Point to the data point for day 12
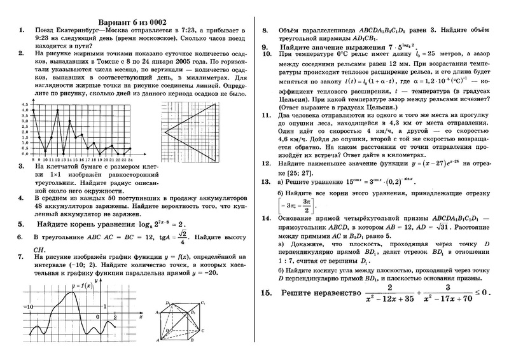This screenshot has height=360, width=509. click(58, 110)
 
